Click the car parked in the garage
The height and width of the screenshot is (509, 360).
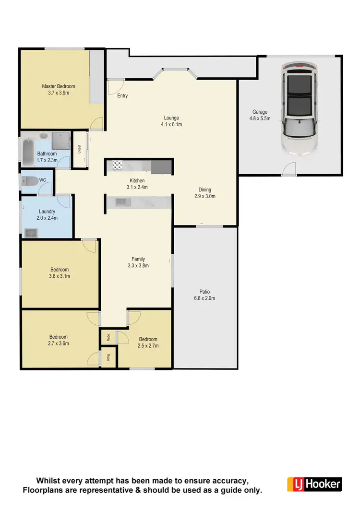pyautogui.click(x=300, y=108)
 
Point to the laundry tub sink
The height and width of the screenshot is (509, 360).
pyautogui.click(x=31, y=233)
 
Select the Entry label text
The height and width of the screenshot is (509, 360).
pyautogui.click(x=122, y=96)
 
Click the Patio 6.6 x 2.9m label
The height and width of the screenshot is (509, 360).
pyautogui.click(x=205, y=295)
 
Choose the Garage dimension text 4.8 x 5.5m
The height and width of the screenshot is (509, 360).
pyautogui.click(x=260, y=118)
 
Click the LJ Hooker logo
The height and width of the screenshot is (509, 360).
pyautogui.click(x=314, y=484)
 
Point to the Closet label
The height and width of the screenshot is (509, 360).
pyautogui.click(x=79, y=149)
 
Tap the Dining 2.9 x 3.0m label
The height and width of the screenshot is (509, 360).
pyautogui.click(x=205, y=193)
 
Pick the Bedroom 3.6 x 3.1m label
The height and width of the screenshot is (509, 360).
pyautogui.click(x=60, y=272)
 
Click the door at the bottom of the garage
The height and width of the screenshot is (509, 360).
pyautogui.click(x=289, y=169)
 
